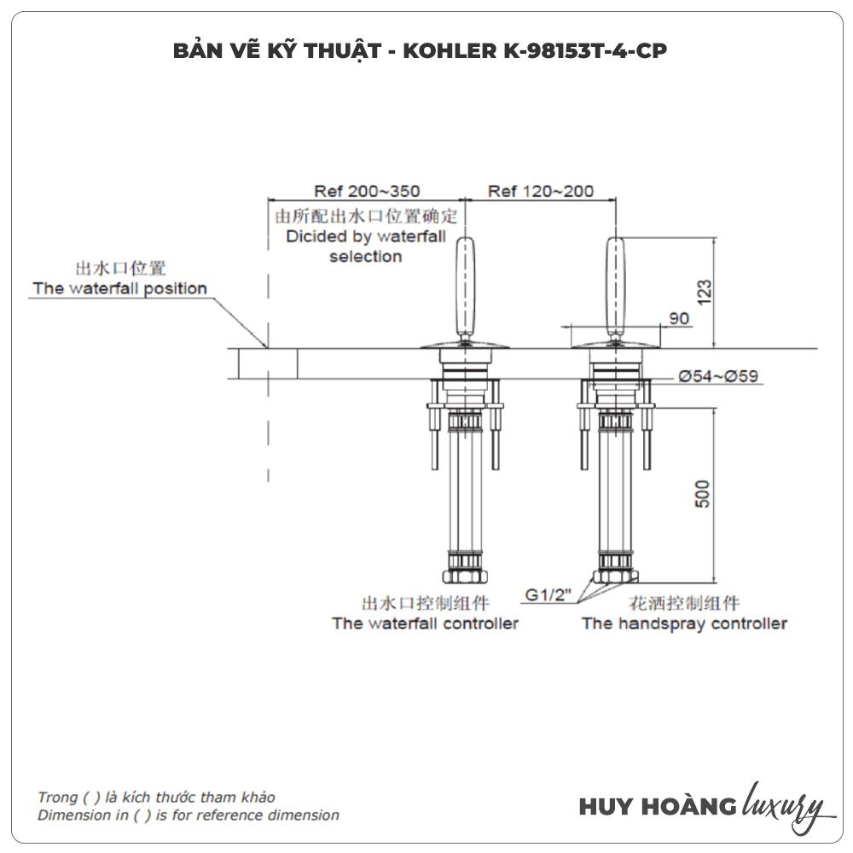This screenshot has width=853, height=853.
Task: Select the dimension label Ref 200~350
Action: (367, 191)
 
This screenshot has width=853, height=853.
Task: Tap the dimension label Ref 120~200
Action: (541, 191)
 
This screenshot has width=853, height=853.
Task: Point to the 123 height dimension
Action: (704, 291)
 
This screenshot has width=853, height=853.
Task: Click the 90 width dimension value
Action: (679, 318)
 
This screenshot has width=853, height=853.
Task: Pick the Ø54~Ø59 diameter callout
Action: (718, 376)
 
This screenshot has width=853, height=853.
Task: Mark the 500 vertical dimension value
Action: (702, 494)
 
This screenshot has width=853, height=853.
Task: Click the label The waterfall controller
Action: (425, 624)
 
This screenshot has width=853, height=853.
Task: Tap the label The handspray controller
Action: (684, 624)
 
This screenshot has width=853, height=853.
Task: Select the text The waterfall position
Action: (119, 288)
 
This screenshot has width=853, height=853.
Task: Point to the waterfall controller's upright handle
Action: (464, 287)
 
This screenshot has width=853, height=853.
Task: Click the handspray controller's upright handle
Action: (615, 287)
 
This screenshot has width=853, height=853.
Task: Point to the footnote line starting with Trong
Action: (156, 798)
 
